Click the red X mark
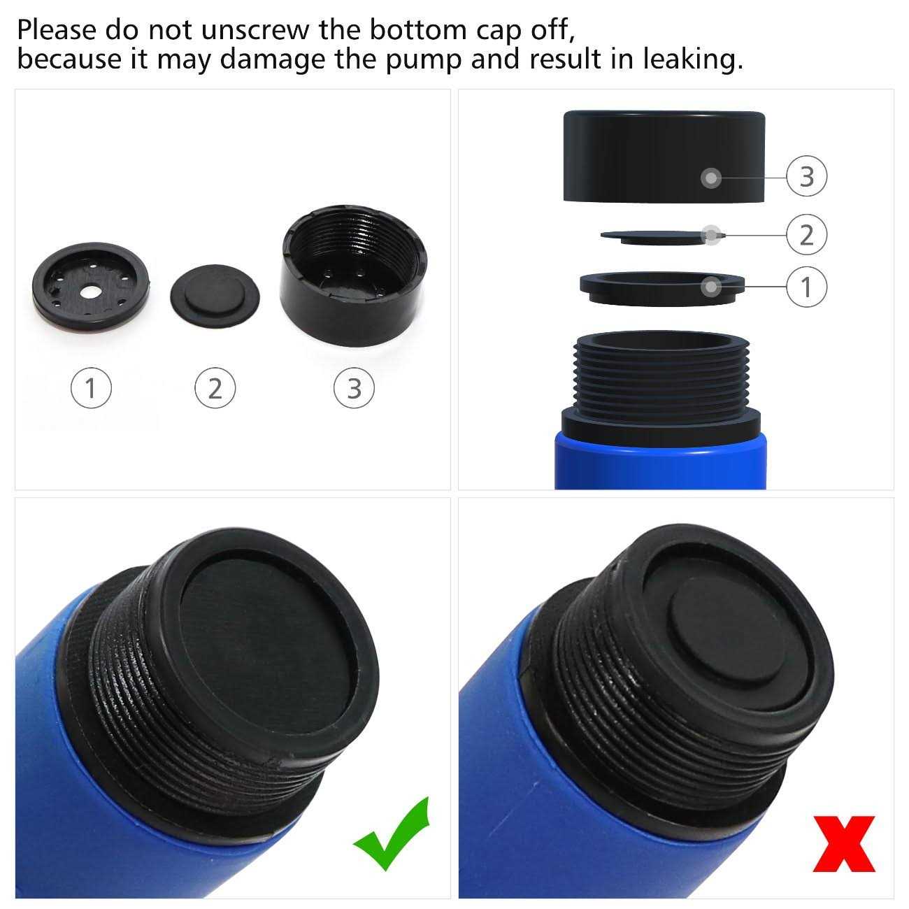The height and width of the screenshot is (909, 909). tap(843, 844)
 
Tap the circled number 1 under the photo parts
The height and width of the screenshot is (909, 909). tap(91, 387)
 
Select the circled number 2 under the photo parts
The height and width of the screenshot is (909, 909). tap(215, 387)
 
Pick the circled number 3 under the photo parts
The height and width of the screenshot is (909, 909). tap(354, 387)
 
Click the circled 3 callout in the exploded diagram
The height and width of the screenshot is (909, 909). tap(806, 176)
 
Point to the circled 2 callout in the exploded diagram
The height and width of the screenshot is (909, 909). tap(806, 235)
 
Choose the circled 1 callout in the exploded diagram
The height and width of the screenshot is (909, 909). tap(806, 287)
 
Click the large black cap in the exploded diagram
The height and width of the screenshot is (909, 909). tap(664, 157)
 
